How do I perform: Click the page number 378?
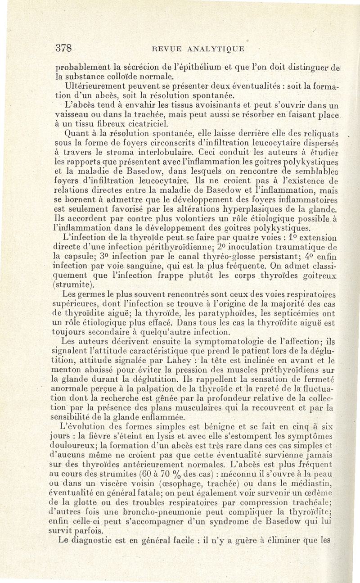pyautogui.click(x=64, y=48)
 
